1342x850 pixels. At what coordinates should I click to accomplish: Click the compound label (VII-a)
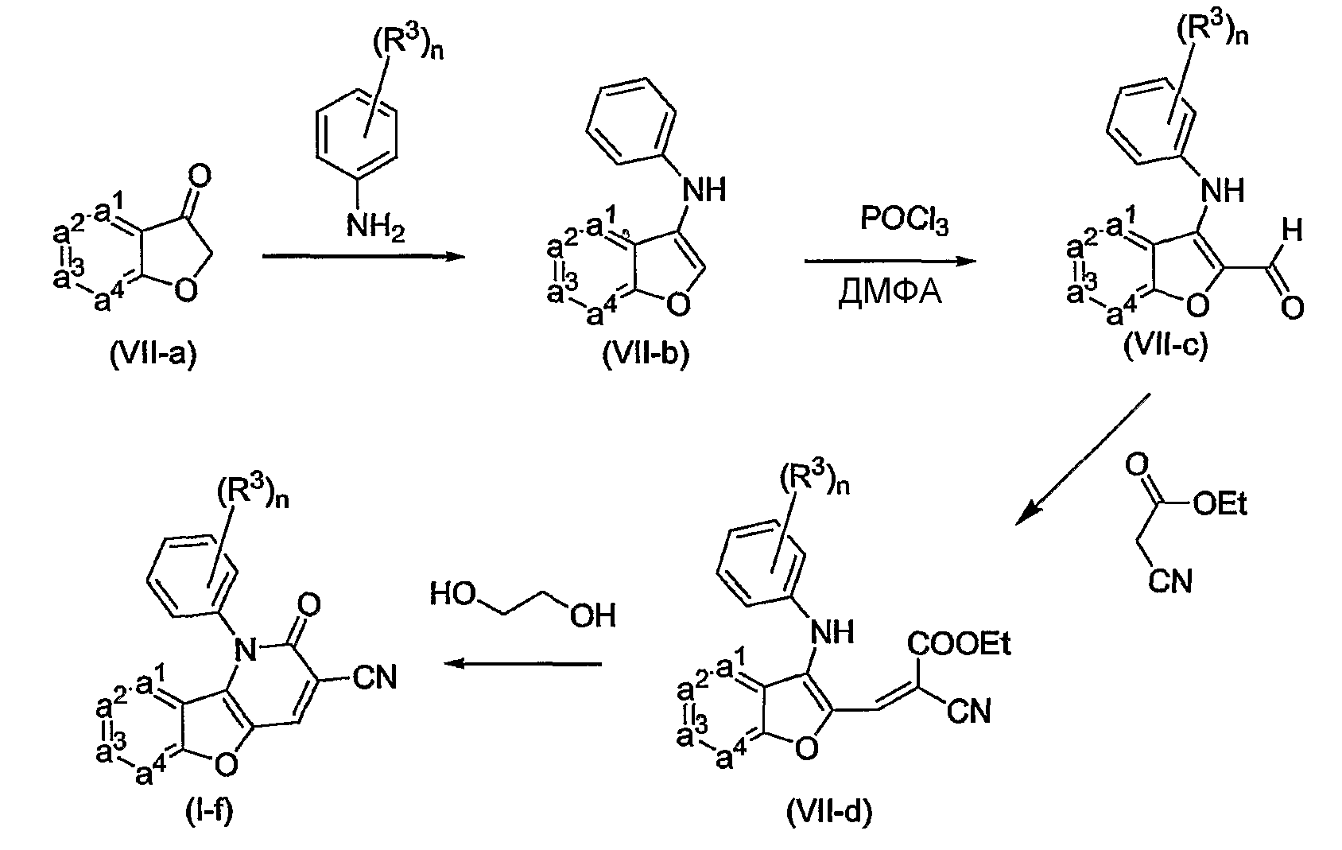[x=153, y=355]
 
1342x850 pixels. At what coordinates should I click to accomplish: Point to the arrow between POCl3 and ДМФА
[x=890, y=261]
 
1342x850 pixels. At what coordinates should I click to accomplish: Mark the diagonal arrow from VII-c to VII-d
[x=1083, y=460]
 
